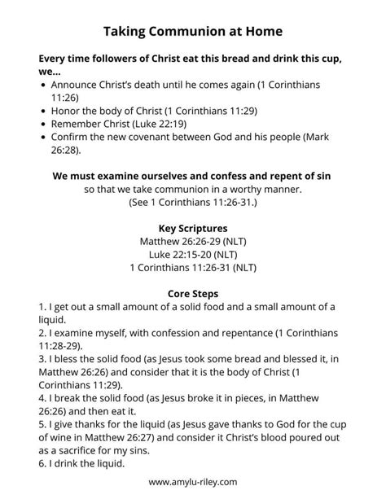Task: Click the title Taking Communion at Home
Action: [x=193, y=32]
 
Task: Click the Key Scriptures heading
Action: [x=192, y=228]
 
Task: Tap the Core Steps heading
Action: [x=193, y=292]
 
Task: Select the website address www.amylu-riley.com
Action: [x=193, y=482]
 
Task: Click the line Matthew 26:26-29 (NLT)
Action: [x=193, y=242]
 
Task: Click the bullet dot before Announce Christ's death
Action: [x=42, y=85]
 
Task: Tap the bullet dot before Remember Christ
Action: [x=42, y=124]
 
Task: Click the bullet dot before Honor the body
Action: [x=42, y=111]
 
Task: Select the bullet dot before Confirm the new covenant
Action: [x=42, y=137]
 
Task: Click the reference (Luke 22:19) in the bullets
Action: [x=163, y=124]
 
